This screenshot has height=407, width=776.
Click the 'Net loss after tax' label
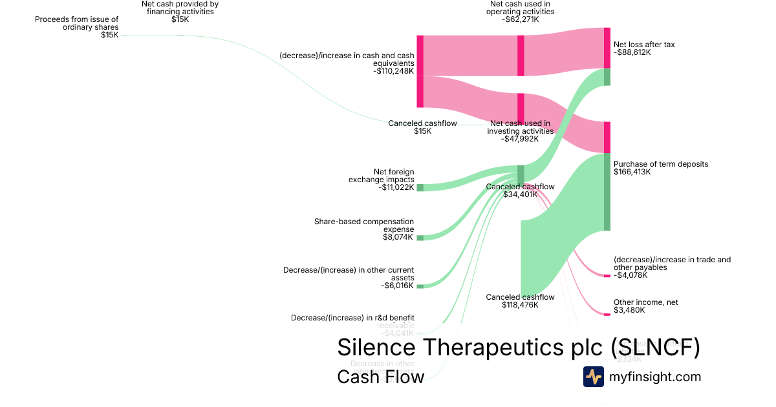coord(643,45)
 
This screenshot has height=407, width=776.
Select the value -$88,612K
coord(632,53)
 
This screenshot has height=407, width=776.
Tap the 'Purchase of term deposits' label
coord(660,164)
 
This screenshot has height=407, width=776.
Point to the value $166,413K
coord(632,172)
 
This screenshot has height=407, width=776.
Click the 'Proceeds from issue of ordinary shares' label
coord(77,23)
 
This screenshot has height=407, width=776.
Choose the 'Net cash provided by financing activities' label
coord(180,8)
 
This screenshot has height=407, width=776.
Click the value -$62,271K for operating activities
coord(520,19)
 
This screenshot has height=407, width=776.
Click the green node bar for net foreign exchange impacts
coord(420,187)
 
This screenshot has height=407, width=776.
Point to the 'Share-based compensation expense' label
coord(364,225)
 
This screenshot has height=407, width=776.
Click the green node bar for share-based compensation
coord(420,238)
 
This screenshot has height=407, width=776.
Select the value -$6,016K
coord(397,286)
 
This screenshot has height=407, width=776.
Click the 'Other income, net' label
coord(645,302)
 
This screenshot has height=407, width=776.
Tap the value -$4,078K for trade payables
coord(631,275)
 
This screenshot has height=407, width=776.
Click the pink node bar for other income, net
coord(607,315)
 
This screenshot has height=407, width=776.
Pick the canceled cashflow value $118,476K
coord(520,305)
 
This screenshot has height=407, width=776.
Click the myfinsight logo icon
coord(594,377)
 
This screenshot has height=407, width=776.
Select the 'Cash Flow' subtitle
coord(380,377)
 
